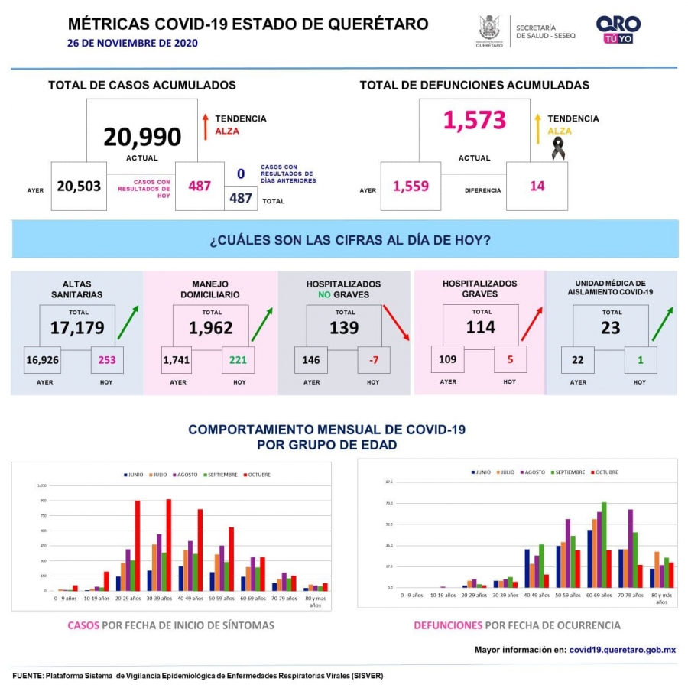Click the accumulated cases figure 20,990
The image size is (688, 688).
142,137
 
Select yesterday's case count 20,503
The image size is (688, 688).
78,186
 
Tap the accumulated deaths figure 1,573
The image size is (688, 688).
475,120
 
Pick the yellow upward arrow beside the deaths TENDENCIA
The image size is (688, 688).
537,127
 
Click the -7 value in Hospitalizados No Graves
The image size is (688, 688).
372,360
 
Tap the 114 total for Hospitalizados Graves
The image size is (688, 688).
482,327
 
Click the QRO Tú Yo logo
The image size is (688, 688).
618,30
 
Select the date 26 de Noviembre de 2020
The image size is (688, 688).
132,43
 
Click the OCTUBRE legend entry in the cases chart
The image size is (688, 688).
258,475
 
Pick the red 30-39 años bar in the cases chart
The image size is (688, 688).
169,544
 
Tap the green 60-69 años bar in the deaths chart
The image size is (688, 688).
604,544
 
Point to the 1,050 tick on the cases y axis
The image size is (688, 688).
42,485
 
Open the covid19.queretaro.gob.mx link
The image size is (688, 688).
622,650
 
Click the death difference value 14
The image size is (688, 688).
537,186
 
